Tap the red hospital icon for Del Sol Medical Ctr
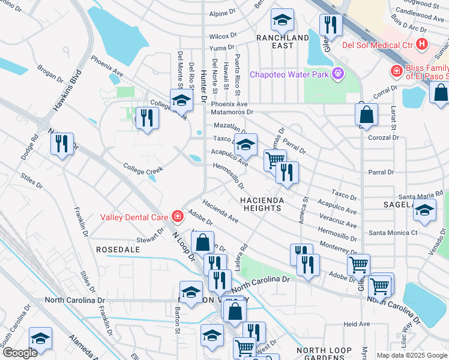click(421, 44)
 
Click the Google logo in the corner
click(19, 353)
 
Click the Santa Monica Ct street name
click(393, 233)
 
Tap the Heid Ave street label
click(357, 324)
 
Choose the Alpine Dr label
click(222, 13)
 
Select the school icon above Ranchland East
click(282, 20)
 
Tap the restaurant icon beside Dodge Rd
click(62, 144)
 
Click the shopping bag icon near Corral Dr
click(366, 114)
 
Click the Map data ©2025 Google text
click(412, 355)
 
